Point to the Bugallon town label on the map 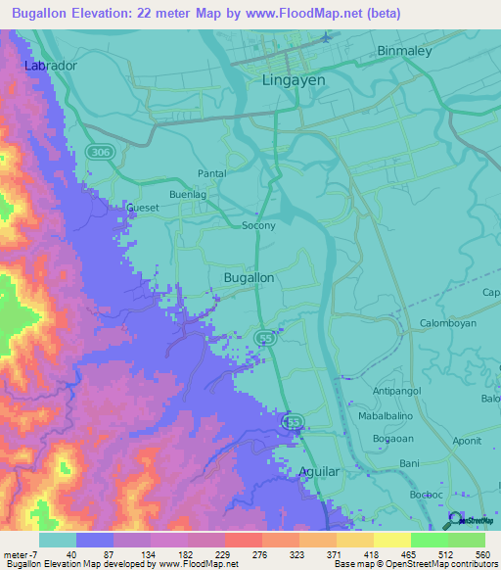(249, 278)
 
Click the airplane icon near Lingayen (326, 38)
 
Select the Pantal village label (211, 173)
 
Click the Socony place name (258, 225)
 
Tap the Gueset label (142, 208)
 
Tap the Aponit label (467, 441)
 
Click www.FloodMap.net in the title (300, 13)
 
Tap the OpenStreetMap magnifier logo (454, 522)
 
